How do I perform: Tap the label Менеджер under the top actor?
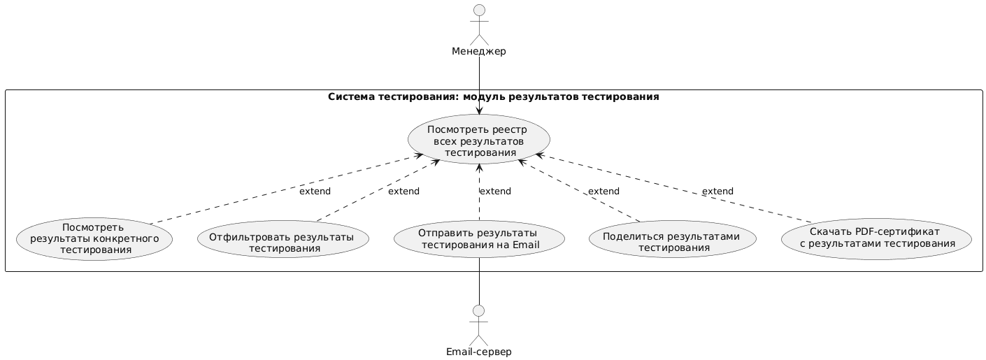(x=479, y=51)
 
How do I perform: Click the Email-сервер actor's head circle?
(x=478, y=310)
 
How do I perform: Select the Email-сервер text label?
(x=478, y=352)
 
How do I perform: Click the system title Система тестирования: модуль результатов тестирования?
(x=493, y=97)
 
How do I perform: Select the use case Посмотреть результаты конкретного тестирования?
(x=94, y=238)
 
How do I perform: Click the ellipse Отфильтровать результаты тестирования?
(x=284, y=238)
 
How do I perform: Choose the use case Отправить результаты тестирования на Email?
(x=478, y=238)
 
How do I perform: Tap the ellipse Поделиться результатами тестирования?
(x=673, y=238)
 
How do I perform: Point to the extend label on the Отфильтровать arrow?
(x=403, y=192)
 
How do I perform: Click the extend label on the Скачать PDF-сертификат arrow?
(x=717, y=192)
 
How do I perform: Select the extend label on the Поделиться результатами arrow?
(x=603, y=192)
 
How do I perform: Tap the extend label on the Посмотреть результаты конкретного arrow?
(x=315, y=192)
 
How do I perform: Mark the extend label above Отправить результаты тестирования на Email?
(x=495, y=192)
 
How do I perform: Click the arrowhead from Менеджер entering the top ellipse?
(x=479, y=110)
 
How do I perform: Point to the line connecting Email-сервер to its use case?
(x=478, y=281)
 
